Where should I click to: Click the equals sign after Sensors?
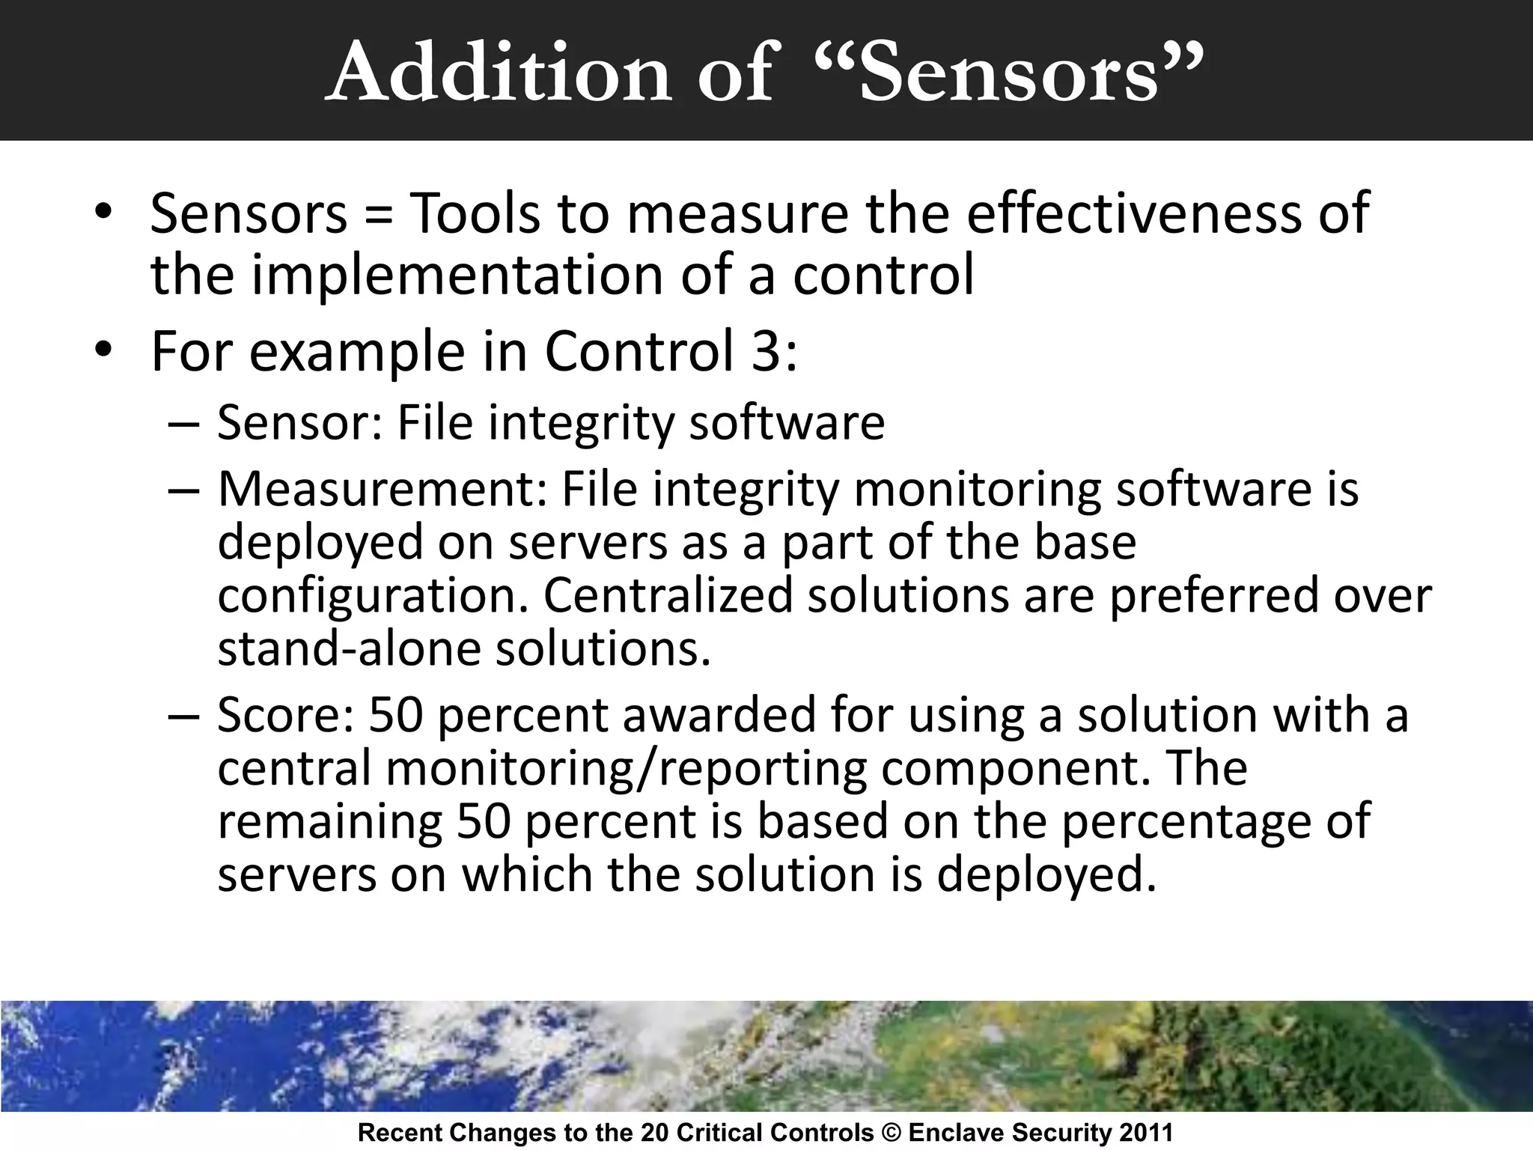(x=380, y=215)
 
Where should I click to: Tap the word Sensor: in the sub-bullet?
(x=300, y=422)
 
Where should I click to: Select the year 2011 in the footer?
(x=1146, y=1133)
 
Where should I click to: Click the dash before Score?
(x=183, y=716)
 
